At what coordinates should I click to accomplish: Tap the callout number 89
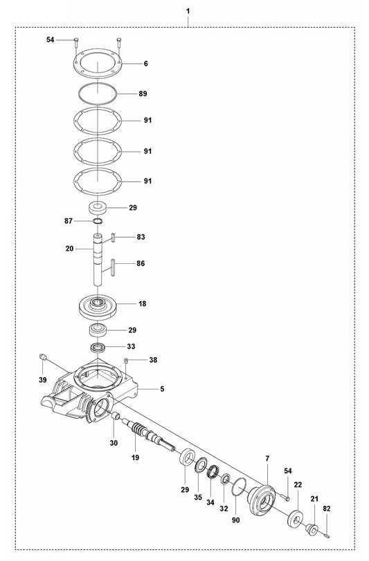(x=143, y=93)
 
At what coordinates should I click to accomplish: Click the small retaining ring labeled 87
(x=98, y=221)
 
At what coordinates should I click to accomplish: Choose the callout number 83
(x=141, y=237)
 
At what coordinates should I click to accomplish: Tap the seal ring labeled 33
(x=98, y=347)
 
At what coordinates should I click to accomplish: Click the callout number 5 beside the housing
(x=162, y=389)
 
